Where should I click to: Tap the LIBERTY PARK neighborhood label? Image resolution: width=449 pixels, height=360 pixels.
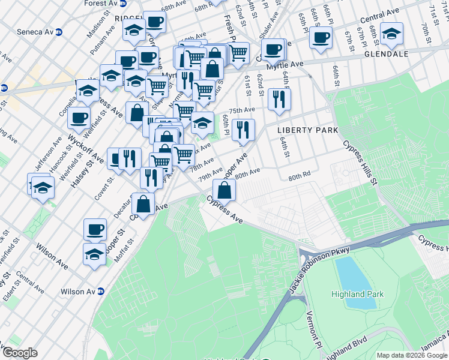(x=307, y=130)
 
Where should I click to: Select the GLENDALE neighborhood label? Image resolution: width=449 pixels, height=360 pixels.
(x=385, y=54)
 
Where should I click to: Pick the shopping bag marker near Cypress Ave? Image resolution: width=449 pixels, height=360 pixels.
(x=224, y=191)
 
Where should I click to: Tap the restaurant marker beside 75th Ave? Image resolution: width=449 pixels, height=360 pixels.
(x=279, y=99)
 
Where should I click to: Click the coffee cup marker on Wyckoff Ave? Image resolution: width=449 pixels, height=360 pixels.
(x=79, y=118)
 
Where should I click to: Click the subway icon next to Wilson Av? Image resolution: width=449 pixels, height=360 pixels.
(x=101, y=292)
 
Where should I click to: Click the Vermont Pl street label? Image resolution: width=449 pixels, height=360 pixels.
(x=314, y=329)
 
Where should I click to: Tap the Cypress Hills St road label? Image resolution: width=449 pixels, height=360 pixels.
(x=360, y=163)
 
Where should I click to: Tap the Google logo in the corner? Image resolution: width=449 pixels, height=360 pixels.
(x=19, y=353)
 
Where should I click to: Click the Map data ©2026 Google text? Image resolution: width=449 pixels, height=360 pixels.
(x=412, y=355)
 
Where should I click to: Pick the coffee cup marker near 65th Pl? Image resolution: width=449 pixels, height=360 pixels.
(x=321, y=38)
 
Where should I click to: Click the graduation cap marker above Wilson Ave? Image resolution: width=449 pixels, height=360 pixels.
(x=94, y=254)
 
